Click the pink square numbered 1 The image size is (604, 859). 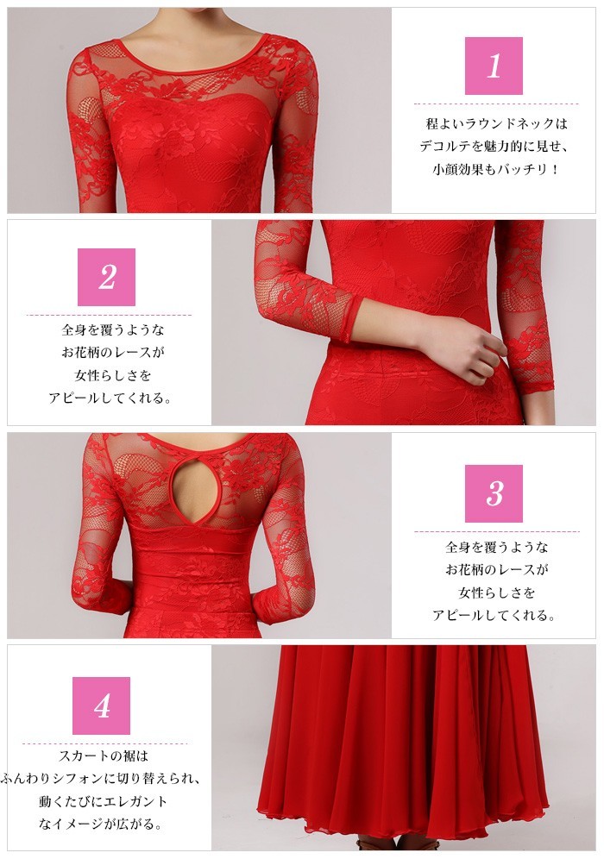pos(494,66)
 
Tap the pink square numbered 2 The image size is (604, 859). pos(106,277)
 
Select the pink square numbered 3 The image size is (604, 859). pos(494,493)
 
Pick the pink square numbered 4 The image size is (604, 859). pos(102,705)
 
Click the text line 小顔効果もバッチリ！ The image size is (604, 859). pos(496,169)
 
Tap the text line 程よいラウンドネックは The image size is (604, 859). pos(496,123)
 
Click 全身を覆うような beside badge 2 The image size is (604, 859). pos(113,329)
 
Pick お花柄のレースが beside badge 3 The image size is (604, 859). pos(496,570)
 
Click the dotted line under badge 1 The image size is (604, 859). pos(496,103)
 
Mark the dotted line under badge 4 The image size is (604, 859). pos(104,743)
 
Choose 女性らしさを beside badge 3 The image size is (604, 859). pos(496,593)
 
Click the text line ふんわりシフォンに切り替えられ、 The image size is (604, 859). pos(102,779)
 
